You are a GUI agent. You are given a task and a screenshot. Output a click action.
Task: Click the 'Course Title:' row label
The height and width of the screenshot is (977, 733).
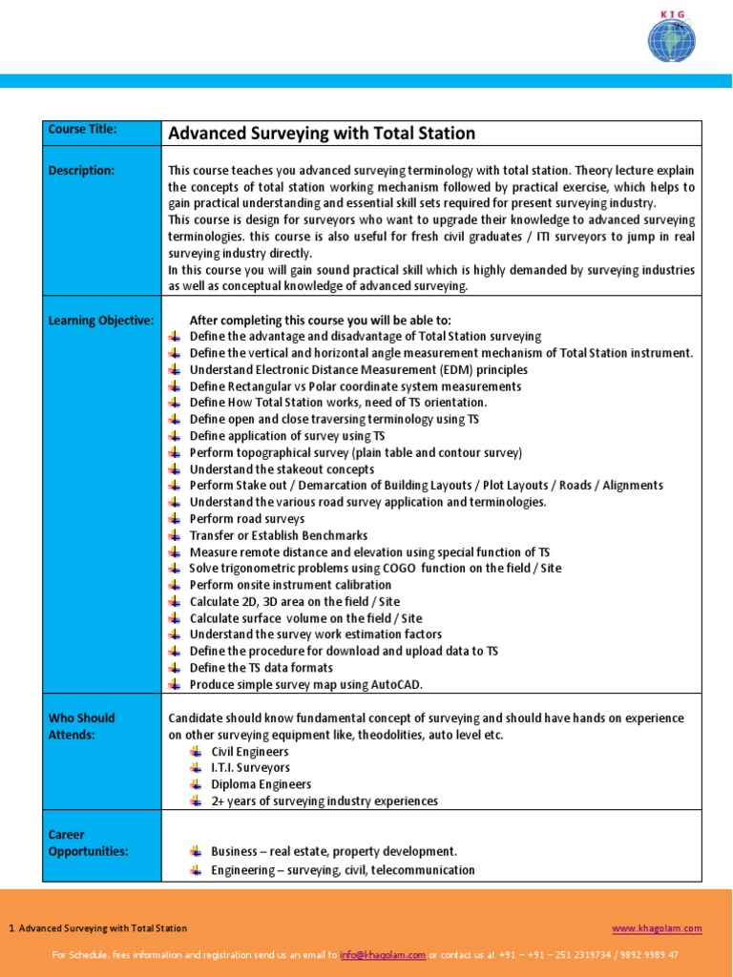pos(82,130)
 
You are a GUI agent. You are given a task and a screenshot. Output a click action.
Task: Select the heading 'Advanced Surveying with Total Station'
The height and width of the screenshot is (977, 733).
pos(322,134)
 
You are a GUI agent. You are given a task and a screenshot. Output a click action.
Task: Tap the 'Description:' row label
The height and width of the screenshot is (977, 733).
pos(81,171)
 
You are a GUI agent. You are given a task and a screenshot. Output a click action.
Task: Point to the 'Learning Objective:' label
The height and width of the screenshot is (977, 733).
pos(100,321)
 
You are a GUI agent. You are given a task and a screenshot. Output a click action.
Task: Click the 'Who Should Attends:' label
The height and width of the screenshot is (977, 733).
pos(81,726)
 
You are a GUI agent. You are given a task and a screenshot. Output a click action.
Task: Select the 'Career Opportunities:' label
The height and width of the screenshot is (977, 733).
pos(88,842)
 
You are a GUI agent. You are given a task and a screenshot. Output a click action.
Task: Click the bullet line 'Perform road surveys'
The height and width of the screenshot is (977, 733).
pos(247,519)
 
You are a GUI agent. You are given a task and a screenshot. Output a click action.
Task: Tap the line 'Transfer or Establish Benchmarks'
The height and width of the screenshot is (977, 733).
pos(278,535)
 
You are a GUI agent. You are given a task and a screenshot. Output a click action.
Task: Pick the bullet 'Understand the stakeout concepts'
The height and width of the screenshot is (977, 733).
pos(282,469)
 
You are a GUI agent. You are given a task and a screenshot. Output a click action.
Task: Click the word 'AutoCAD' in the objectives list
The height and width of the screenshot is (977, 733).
pos(394,684)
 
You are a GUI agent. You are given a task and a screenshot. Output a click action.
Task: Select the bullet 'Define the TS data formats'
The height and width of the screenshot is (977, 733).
pos(261,668)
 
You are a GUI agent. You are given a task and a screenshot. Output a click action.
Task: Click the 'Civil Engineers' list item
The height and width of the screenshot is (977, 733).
pos(249,752)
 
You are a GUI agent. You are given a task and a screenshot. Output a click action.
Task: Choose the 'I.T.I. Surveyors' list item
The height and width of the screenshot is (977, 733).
pos(250,768)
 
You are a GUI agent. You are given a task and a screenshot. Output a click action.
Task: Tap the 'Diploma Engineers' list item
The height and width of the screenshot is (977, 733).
pos(261,784)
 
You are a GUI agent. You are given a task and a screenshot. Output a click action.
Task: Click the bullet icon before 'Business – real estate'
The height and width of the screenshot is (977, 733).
pos(196,850)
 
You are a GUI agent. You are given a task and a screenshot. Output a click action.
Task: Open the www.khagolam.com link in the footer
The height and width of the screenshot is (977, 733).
pos(657,928)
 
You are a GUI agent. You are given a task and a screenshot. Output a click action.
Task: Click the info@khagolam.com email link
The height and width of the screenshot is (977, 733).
pos(383,955)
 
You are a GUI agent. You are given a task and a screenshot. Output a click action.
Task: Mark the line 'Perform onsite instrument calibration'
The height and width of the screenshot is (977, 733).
pos(290,585)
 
